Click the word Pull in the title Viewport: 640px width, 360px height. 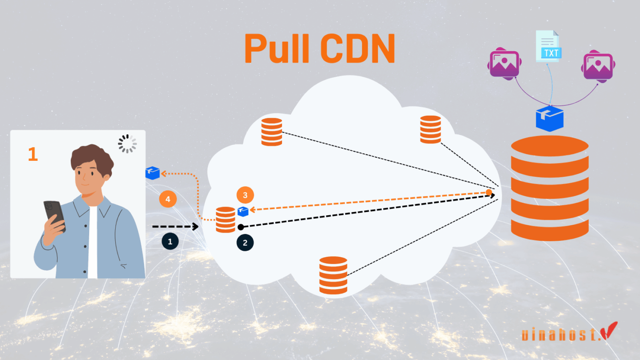tap(280, 49)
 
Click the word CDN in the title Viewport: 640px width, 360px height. tap(356, 49)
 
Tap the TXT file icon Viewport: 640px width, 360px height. tap(549, 46)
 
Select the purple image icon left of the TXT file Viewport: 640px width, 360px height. tap(504, 64)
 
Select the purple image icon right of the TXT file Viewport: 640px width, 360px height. tap(597, 66)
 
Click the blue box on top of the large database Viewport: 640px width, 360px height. tap(549, 118)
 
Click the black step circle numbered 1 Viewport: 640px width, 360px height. tap(170, 242)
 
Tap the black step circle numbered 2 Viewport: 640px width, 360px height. tap(245, 243)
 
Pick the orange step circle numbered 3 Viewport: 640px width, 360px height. tap(245, 196)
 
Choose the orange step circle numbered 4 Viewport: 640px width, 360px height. tap(168, 199)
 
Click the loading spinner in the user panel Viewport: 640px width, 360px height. tap(127, 143)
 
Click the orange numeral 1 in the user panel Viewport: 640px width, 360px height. tap(32, 154)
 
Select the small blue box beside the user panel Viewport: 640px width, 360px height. tap(152, 173)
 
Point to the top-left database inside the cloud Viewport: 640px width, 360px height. tap(272, 132)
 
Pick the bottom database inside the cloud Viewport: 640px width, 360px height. tap(333, 275)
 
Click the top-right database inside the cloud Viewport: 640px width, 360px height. tap(430, 129)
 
